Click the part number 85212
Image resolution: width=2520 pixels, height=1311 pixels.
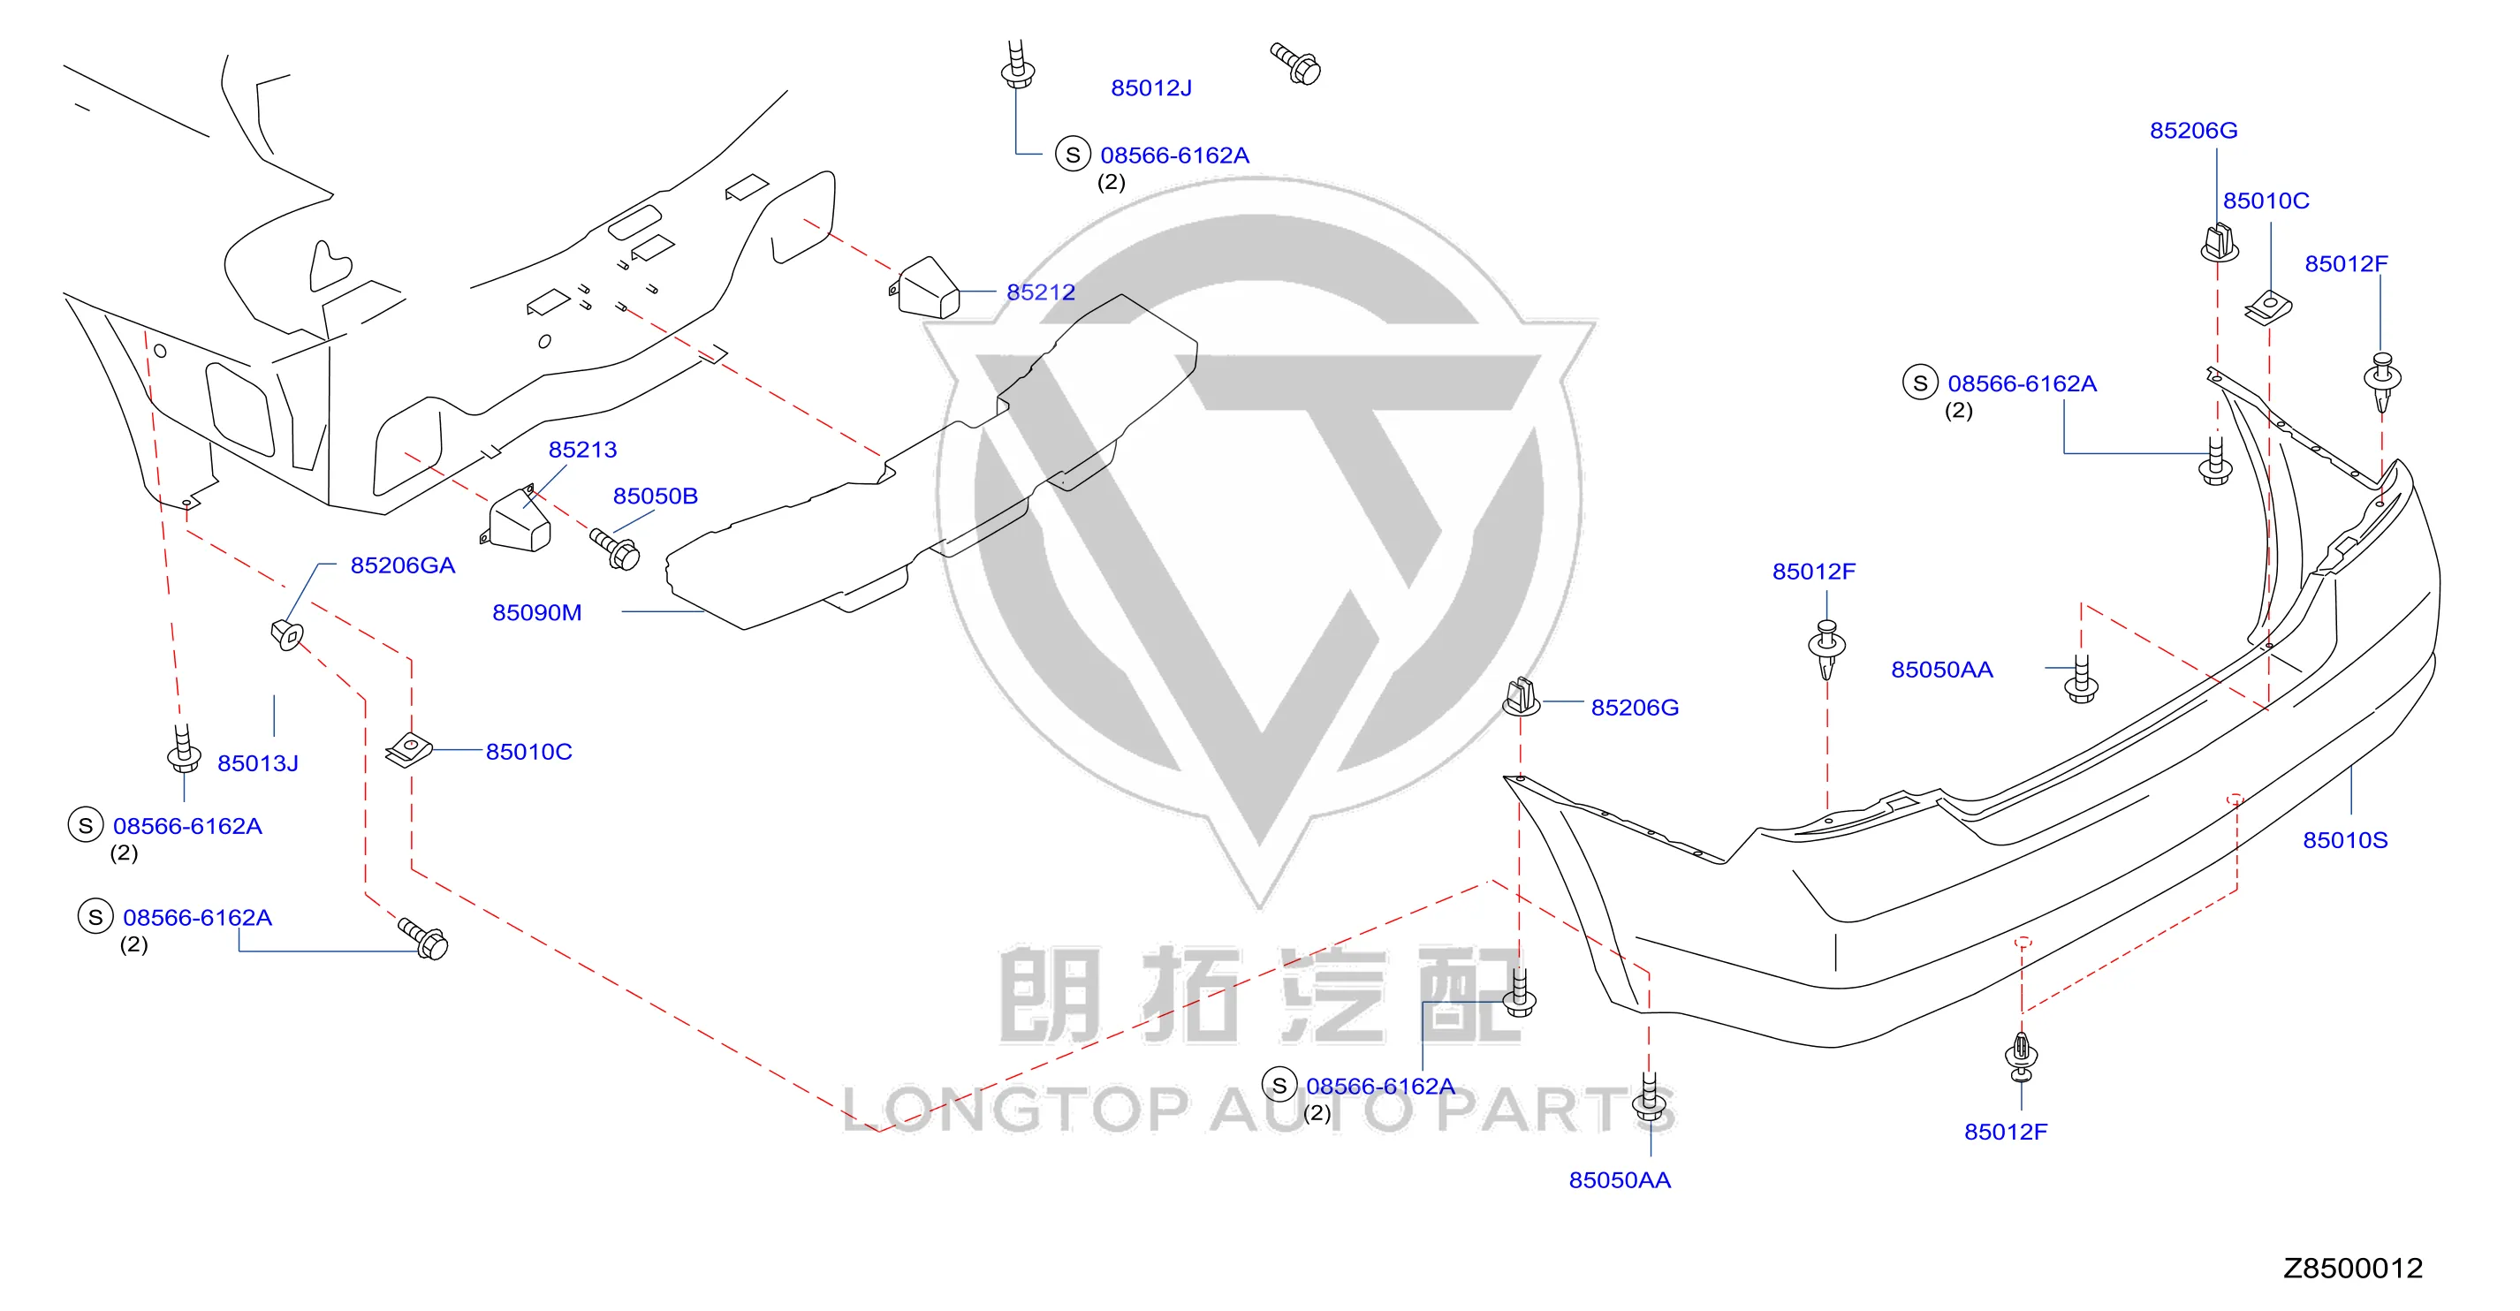click(x=1040, y=292)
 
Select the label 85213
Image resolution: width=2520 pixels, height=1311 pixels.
click(x=582, y=449)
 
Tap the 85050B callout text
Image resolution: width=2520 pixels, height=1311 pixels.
click(x=655, y=496)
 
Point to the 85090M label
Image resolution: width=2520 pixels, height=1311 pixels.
click(x=536, y=612)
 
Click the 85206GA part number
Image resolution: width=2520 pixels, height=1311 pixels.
click(x=402, y=565)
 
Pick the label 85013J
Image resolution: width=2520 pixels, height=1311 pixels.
click(x=257, y=763)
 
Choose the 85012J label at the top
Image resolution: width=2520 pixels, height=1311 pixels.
click(x=1150, y=88)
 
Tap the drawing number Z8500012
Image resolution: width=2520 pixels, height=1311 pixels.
click(x=2353, y=1269)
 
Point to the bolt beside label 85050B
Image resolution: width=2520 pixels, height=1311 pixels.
click(x=615, y=548)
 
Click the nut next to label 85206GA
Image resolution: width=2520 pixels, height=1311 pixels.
click(x=286, y=634)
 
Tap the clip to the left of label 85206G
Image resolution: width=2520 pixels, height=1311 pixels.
click(x=1522, y=697)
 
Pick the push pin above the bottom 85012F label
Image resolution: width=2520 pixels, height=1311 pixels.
click(x=2021, y=1056)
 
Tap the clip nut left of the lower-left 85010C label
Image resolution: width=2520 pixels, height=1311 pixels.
click(x=409, y=750)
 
